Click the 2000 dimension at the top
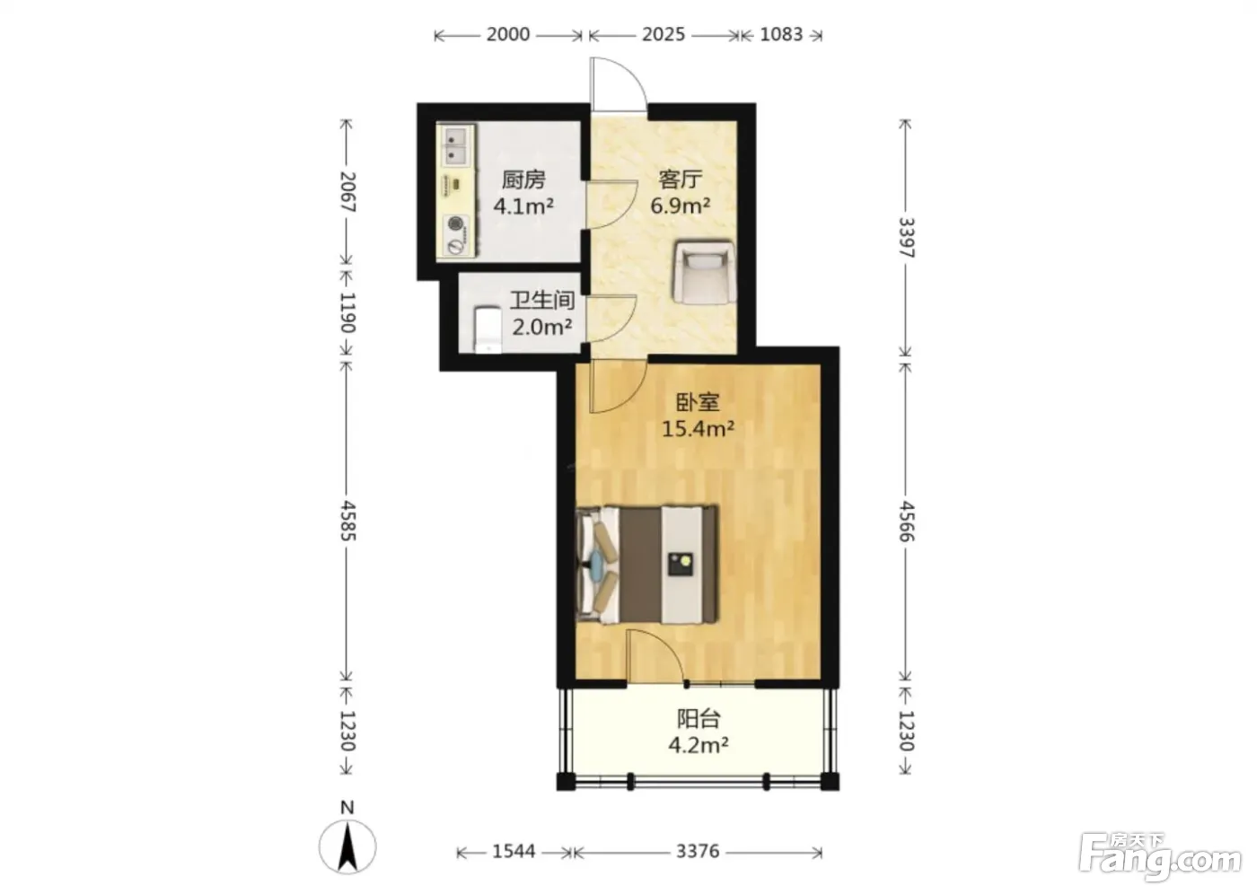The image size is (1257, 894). coord(508,35)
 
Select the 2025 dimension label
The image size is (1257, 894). coord(664,35)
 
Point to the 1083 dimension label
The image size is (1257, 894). coord(781,35)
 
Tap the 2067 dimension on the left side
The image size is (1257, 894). coord(348,192)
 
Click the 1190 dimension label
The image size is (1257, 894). coord(348,312)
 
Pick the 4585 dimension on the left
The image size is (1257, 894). coord(348,521)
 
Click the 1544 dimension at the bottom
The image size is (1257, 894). coord(514,852)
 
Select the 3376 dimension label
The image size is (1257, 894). coord(698,852)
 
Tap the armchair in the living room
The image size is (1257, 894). coord(704,272)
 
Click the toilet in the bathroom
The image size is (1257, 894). coord(487,329)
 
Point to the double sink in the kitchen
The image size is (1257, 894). coord(456,145)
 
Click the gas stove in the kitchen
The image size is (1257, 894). coord(456,235)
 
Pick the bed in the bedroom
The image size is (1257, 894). coord(647,565)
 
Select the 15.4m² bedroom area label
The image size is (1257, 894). coord(699,429)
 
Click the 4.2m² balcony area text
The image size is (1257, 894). coord(699,745)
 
